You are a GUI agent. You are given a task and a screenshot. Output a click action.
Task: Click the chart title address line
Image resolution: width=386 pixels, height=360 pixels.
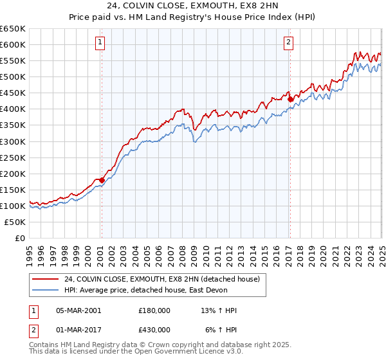[192, 6]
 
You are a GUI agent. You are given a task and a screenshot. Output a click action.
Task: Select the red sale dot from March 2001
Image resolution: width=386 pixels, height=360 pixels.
[102, 180]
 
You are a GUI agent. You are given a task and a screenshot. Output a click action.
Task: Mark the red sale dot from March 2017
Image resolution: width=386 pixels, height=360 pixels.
[290, 99]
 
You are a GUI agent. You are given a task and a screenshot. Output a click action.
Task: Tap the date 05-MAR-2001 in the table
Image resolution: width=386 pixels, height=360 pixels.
[78, 310]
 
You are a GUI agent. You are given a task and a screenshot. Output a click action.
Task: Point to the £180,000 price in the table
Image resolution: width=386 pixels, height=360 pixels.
[154, 310]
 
